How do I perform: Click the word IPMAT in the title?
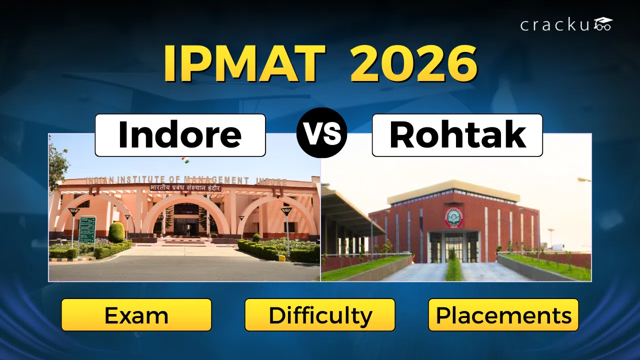tap(244, 64)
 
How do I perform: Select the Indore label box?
tap(180, 135)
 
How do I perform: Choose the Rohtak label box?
tap(457, 135)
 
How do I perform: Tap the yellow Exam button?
tap(136, 315)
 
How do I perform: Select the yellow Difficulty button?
tap(320, 315)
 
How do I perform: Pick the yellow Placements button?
tap(503, 315)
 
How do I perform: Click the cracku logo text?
tap(555, 25)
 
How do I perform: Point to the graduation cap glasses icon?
tap(602, 24)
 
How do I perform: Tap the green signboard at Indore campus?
tap(87, 230)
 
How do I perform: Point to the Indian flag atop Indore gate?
tap(185, 161)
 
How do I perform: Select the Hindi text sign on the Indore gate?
tap(185, 188)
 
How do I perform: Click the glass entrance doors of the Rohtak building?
tap(454, 247)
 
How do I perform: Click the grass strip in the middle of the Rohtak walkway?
tap(453, 270)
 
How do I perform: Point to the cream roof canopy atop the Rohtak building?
tap(454, 189)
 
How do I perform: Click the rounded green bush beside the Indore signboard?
tap(116, 232)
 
